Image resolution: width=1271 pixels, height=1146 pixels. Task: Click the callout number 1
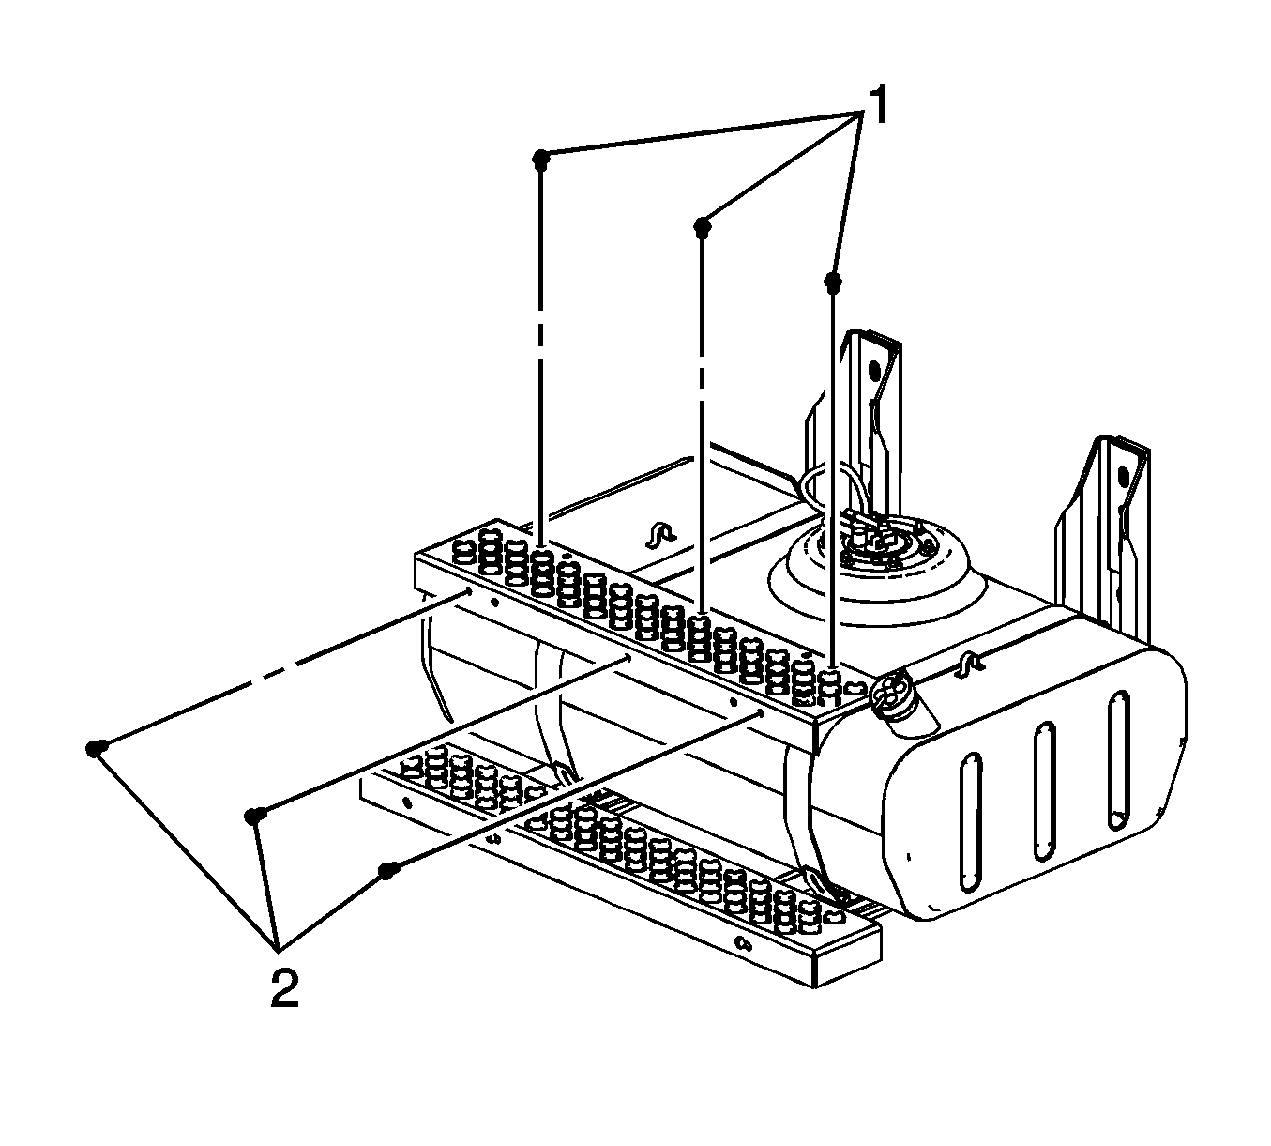pos(875,106)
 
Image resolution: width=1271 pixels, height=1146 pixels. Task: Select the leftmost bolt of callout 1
pos(540,160)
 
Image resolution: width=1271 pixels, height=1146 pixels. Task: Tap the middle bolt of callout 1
pos(702,228)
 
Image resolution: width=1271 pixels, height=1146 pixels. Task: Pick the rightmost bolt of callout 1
pos(833,283)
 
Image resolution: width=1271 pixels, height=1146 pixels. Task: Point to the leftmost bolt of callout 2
pos(96,748)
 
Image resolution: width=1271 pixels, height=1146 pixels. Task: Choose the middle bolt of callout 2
pos(255,817)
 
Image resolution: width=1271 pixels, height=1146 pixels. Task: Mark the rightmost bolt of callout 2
pos(387,871)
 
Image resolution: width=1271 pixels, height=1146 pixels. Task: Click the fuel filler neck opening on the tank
pos(892,689)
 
